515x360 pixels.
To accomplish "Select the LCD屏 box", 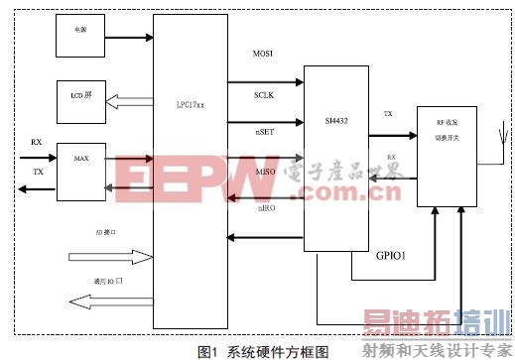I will pyautogui.click(x=80, y=96).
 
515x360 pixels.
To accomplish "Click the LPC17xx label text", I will pyautogui.click(x=190, y=104).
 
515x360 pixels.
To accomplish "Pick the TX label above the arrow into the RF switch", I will pyautogui.click(x=388, y=115).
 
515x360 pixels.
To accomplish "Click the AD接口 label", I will pyautogui.click(x=107, y=234).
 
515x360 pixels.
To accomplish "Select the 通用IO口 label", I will pyautogui.click(x=108, y=282).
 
